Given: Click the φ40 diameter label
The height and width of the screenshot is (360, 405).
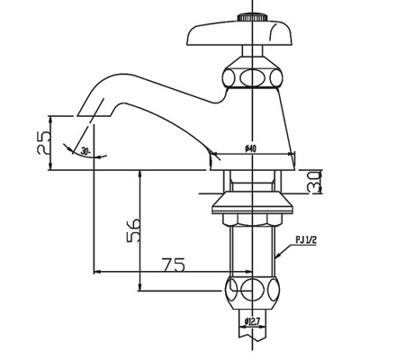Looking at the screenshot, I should coord(250,149).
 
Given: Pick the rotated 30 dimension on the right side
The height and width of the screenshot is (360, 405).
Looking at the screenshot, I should coord(312,182).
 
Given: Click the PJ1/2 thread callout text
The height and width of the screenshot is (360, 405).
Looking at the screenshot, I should coord(307,239).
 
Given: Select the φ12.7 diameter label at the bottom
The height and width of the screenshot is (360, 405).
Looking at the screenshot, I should coord(253,320).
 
